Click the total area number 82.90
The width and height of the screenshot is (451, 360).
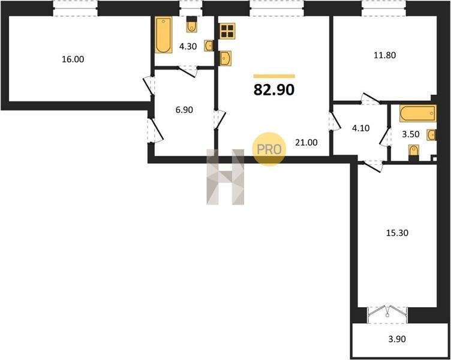tap(274, 90)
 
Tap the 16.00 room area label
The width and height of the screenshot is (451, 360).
tap(73, 59)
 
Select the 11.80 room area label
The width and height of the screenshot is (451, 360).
tap(384, 55)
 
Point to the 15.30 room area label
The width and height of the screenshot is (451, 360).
tap(397, 233)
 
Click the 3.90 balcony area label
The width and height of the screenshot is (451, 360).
tap(397, 339)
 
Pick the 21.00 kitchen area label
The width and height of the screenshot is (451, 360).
tap(306, 142)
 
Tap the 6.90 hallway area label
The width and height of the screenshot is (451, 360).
tap(184, 110)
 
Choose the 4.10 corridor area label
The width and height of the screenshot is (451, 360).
tap(360, 128)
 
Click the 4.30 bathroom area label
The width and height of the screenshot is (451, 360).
tap(188, 46)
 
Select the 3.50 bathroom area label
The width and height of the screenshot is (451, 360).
tap(410, 134)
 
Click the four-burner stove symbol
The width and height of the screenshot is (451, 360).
tap(227, 31)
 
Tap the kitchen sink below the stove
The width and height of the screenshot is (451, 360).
tap(225, 58)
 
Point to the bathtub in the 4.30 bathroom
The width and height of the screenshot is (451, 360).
tap(163, 35)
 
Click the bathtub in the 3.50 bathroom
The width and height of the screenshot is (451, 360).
tap(417, 113)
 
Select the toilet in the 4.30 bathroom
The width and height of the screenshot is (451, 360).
tap(191, 24)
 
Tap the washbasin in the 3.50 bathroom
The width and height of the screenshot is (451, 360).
tap(431, 135)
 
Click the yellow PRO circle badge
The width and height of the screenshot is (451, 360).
tap(269, 149)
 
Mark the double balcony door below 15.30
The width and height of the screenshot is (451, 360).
tap(387, 315)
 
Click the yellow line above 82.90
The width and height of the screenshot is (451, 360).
tap(274, 76)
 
